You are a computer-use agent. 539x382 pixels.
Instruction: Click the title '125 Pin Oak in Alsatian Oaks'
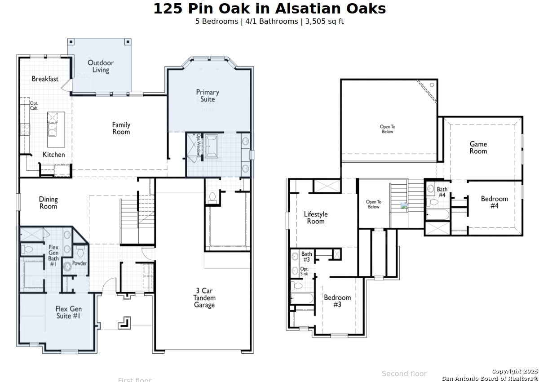[x=269, y=9]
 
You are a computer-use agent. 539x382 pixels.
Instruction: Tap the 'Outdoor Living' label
[x=101, y=67]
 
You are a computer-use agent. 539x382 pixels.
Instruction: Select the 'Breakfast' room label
[x=45, y=79]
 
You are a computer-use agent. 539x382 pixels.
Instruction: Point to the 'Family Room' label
[x=121, y=128]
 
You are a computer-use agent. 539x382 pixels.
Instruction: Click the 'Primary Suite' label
[x=208, y=96]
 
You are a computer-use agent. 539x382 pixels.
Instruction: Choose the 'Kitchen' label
[x=54, y=155]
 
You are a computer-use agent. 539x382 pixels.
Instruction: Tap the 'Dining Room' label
[x=48, y=203]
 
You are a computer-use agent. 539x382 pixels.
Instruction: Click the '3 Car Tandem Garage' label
[x=204, y=298]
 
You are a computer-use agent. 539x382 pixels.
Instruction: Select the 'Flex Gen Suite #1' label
[x=69, y=312]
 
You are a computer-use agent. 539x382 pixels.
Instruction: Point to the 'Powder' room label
[x=80, y=263]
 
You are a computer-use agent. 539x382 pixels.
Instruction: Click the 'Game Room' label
[x=478, y=148]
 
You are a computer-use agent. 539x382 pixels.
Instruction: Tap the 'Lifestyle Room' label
[x=316, y=218]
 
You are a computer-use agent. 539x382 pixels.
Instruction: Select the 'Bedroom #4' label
[x=495, y=202]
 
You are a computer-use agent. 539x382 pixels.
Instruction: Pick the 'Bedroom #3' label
[x=337, y=301]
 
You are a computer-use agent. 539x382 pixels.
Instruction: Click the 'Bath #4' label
[x=442, y=192]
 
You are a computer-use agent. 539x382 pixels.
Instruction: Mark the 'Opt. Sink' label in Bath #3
[x=305, y=271]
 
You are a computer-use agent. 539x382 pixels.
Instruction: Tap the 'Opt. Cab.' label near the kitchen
[x=34, y=106]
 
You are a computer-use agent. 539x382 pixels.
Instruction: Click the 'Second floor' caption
[x=404, y=373]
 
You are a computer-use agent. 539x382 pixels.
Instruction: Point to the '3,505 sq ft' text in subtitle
[x=324, y=21]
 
